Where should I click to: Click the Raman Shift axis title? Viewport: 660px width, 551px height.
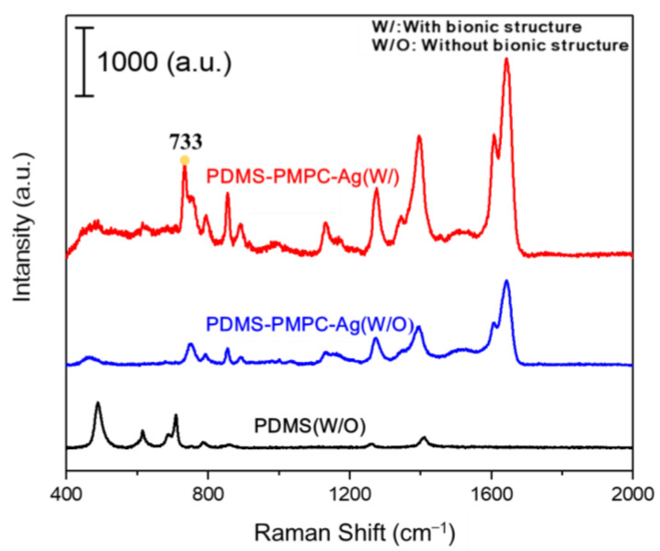348,531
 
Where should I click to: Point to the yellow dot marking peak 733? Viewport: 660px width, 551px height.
185,160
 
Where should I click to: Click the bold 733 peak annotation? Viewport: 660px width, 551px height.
185,141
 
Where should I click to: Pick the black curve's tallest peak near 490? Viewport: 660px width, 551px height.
98,403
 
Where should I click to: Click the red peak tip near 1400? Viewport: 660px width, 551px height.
419,137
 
